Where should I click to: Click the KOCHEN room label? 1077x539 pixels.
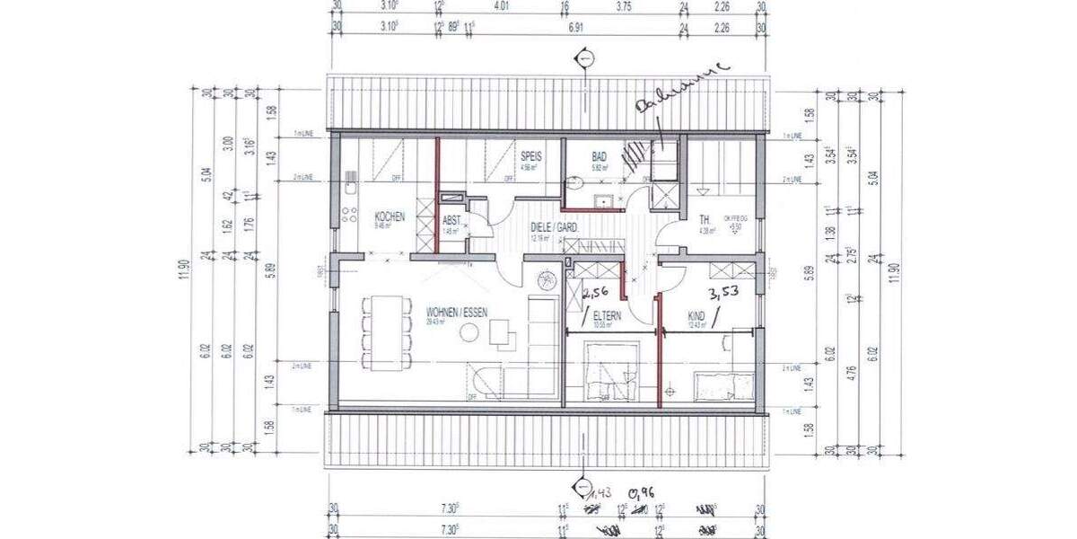coord(390,216)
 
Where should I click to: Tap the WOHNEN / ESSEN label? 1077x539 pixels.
coord(457,312)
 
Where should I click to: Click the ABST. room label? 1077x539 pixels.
coord(451,220)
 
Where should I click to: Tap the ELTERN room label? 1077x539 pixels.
coord(607,315)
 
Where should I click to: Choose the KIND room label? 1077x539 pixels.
coord(696,315)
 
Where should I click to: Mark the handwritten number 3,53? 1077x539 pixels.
coord(723,294)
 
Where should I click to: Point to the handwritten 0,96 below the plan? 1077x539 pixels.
coord(640,493)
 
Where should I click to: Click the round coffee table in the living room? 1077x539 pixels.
coord(468,333)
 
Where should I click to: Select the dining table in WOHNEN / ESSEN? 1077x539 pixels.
coord(388,332)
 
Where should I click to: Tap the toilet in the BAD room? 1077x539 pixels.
coord(574,183)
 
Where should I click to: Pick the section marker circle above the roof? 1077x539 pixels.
coord(585,59)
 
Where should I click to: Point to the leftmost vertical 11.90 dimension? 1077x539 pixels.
coord(185,268)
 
